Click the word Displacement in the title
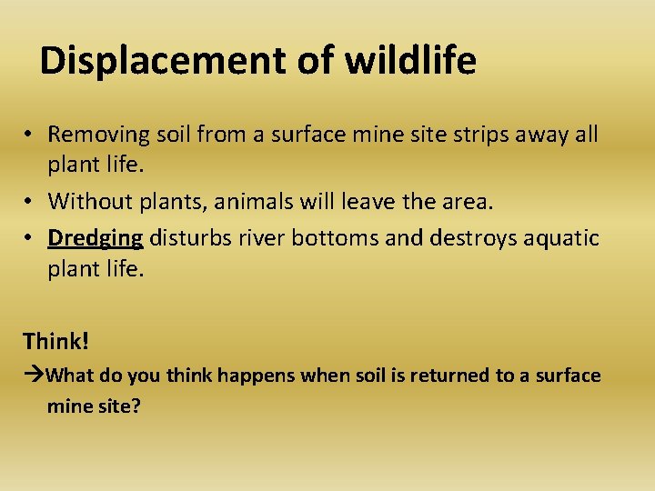click(165, 61)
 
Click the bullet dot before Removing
click(30, 135)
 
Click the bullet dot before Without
click(30, 202)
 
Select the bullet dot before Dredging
click(30, 239)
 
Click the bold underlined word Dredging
click(96, 238)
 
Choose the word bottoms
click(332, 238)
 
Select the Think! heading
click(56, 342)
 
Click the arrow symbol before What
click(35, 376)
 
